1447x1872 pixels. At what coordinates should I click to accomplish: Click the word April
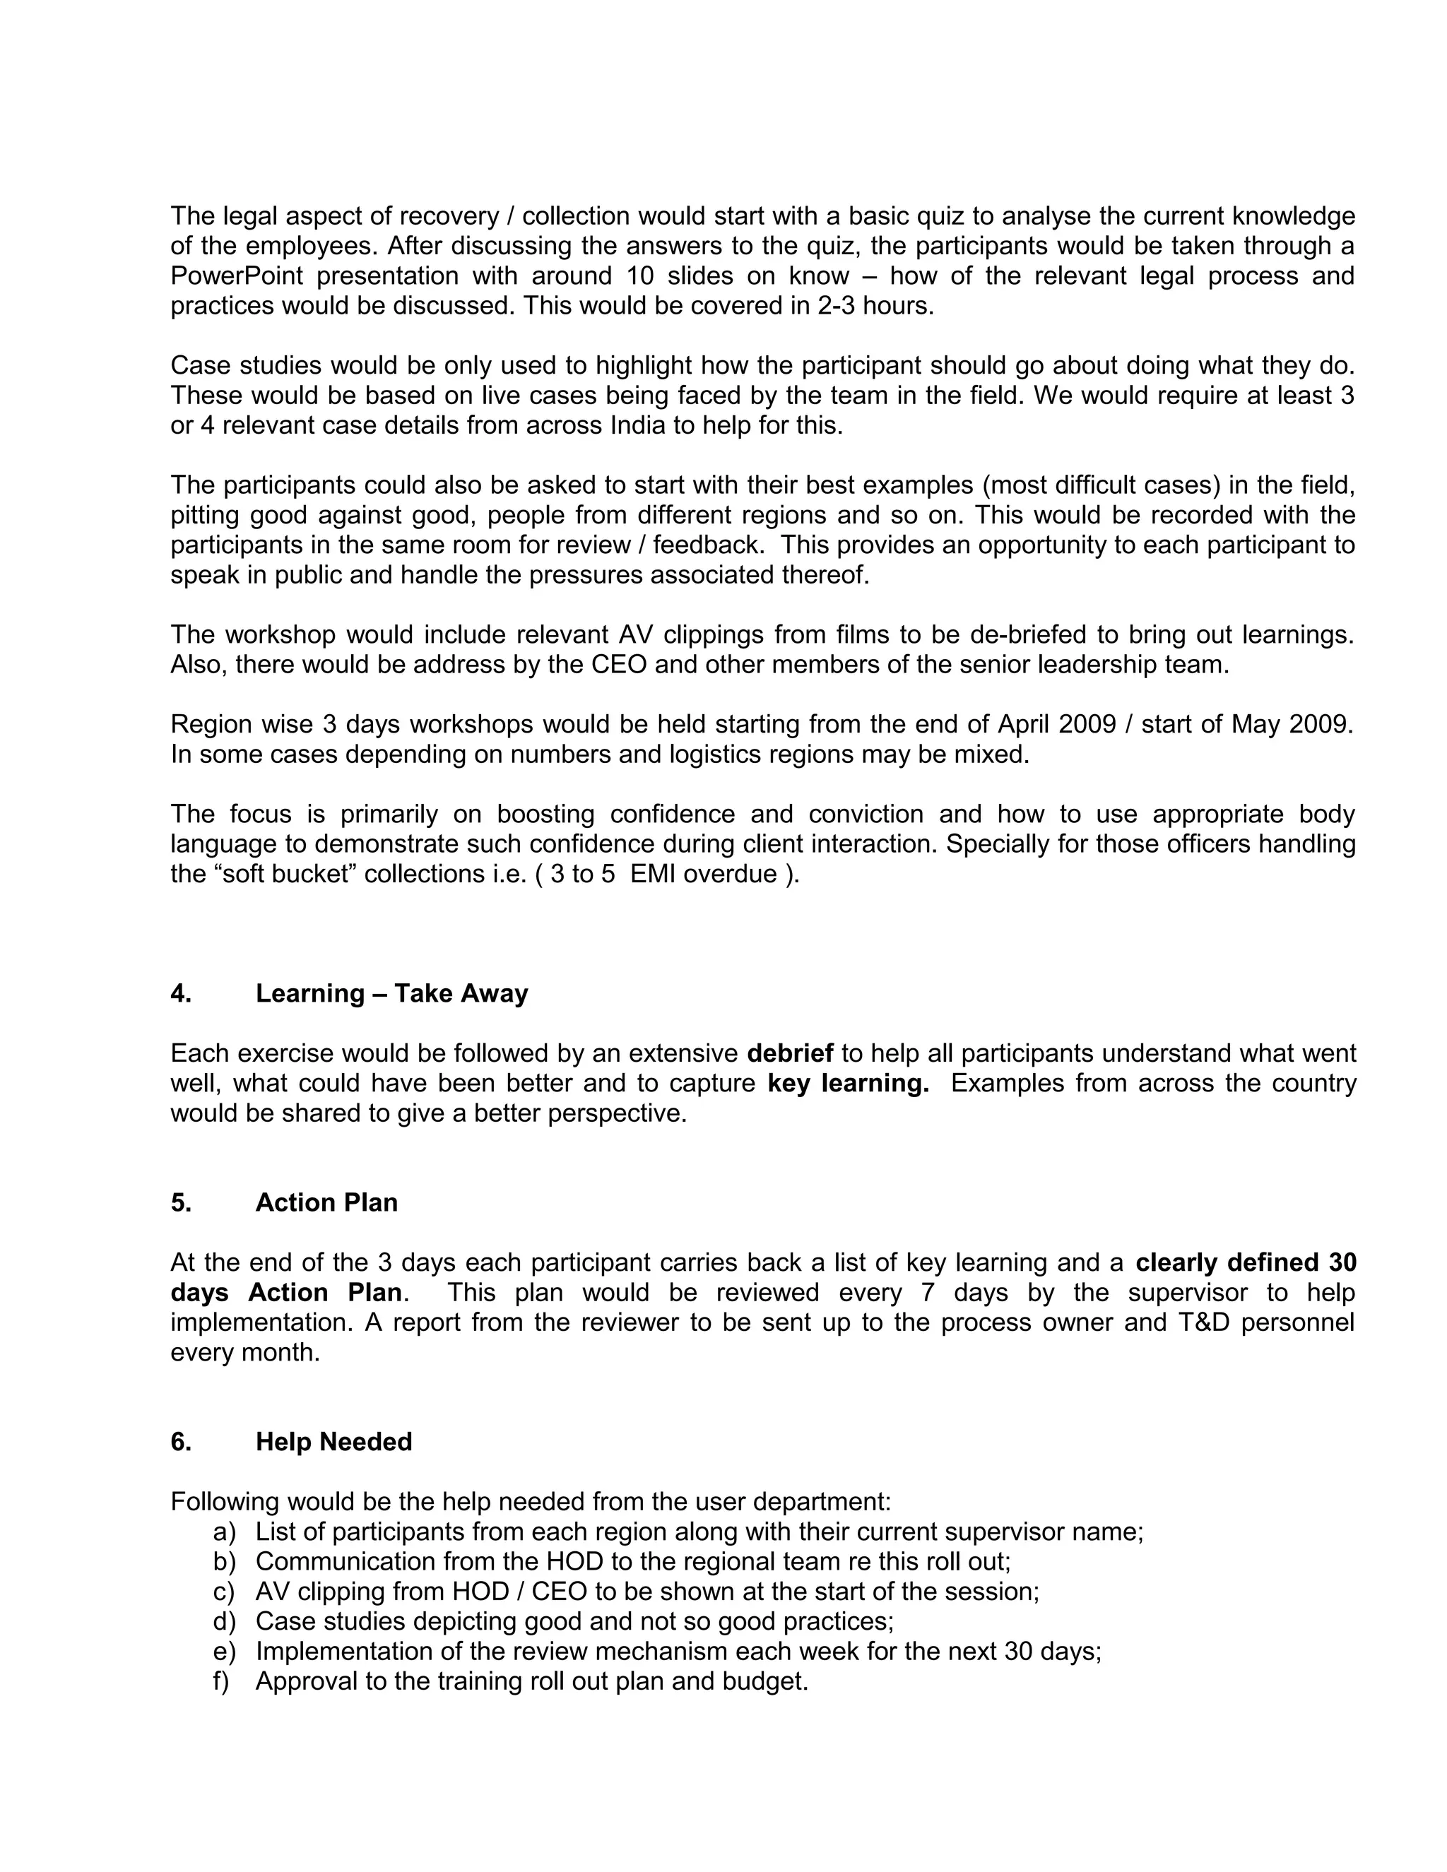(1024, 724)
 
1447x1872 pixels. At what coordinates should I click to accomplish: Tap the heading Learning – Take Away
(391, 993)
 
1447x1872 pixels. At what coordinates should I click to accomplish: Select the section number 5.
(181, 1202)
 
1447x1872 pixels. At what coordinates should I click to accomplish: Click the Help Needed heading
(333, 1442)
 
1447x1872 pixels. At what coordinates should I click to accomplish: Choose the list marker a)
(224, 1532)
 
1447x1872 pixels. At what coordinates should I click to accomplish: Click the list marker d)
(224, 1621)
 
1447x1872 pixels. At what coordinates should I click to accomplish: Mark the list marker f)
(222, 1681)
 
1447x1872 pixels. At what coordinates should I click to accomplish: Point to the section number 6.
(181, 1442)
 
